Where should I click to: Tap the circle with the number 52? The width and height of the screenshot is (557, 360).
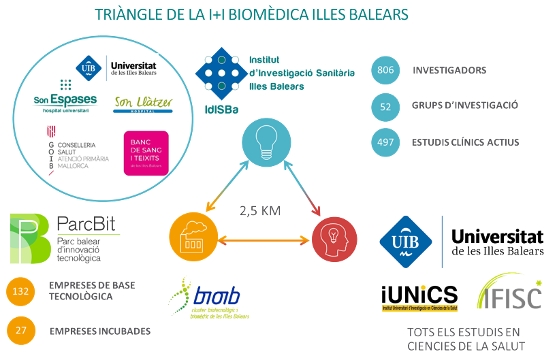pos(385,106)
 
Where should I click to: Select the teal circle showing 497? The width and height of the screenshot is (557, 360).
pos(385,142)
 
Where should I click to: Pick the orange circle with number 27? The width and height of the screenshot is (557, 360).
pos(21,331)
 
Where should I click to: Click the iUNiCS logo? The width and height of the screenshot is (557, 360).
pos(419,297)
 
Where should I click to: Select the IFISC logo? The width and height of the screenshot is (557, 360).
pos(510,293)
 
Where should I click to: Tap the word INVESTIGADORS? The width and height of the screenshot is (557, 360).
pos(449,71)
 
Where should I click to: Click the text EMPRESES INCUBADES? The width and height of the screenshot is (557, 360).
pos(100,331)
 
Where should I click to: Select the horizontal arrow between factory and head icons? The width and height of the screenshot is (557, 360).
pos(261,239)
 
